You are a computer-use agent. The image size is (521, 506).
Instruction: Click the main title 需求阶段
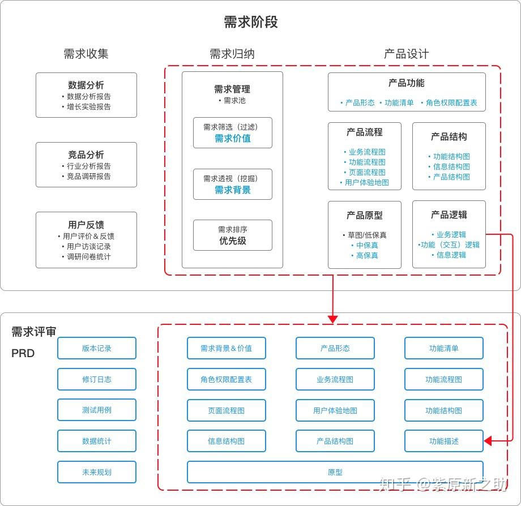pyautogui.click(x=251, y=22)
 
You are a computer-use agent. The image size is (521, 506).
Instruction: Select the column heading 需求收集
pyautogui.click(x=86, y=54)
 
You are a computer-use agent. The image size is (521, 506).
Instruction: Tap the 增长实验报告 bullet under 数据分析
pyautogui.click(x=88, y=106)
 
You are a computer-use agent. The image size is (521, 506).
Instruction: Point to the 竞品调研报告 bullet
pyautogui.click(x=88, y=176)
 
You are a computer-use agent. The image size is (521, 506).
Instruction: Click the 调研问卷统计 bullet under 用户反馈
pyautogui.click(x=88, y=256)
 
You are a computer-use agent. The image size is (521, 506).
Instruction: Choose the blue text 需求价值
pyautogui.click(x=232, y=138)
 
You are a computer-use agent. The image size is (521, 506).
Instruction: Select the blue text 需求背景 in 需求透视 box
pyautogui.click(x=232, y=190)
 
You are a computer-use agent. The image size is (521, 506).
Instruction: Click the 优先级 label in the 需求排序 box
pyautogui.click(x=232, y=241)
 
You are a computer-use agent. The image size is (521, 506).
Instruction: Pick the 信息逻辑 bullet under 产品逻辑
pyautogui.click(x=451, y=255)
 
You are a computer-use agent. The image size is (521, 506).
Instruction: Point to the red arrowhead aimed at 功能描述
pyautogui.click(x=488, y=440)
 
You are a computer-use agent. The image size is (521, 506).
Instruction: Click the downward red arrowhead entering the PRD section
pyautogui.click(x=332, y=319)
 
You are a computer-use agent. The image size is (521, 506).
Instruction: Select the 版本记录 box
pyautogui.click(x=97, y=348)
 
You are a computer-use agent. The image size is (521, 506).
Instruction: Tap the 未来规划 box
pyautogui.click(x=97, y=472)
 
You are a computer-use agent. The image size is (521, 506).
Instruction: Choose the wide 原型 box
pyautogui.click(x=335, y=472)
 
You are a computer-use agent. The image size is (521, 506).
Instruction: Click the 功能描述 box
pyautogui.click(x=443, y=441)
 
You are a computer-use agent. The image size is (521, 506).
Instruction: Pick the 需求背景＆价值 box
pyautogui.click(x=226, y=348)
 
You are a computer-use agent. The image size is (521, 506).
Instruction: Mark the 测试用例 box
pyautogui.click(x=97, y=410)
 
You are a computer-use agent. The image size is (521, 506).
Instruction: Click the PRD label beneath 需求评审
pyautogui.click(x=23, y=353)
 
